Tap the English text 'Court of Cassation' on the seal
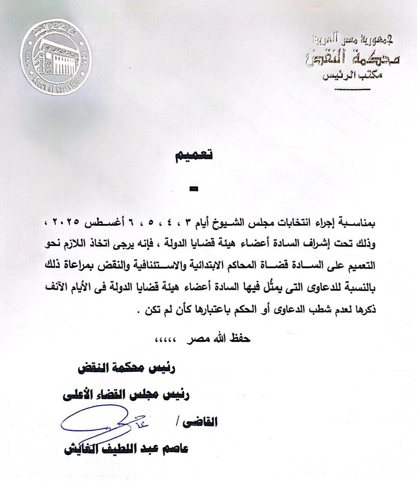pos(56,86)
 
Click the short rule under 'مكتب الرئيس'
pos(352,89)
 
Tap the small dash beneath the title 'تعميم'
pos(193,190)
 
